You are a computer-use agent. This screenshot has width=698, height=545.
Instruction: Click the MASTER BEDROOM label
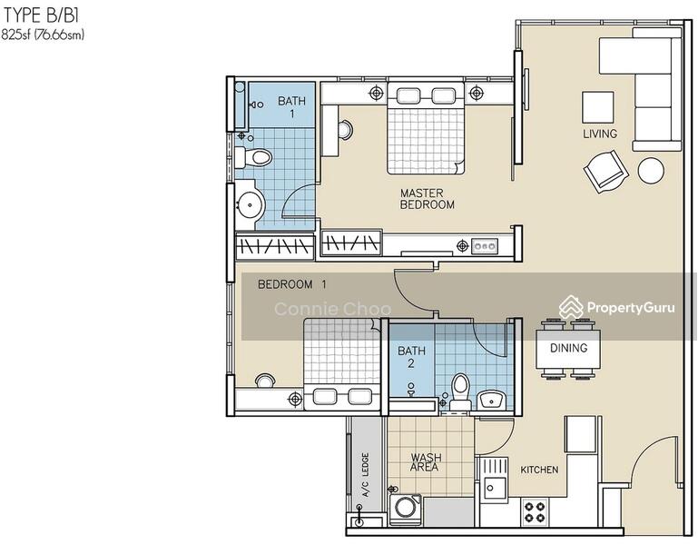coord(427,199)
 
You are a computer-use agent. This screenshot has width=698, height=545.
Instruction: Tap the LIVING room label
coord(600,134)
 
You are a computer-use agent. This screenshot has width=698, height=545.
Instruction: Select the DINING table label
coord(568,348)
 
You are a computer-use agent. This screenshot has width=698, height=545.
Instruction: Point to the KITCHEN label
coord(539,470)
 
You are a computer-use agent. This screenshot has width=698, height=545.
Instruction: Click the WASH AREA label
coord(426,462)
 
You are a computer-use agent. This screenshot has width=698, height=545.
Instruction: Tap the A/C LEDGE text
coord(366,475)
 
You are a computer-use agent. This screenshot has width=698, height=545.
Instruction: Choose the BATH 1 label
coord(291,107)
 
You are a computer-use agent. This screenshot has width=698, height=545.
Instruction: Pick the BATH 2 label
coord(411,357)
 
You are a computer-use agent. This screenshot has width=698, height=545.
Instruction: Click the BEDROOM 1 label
coord(292,284)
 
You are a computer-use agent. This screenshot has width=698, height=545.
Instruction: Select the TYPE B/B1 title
coord(41,15)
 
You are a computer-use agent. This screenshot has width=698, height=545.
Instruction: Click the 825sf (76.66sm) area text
coord(43,35)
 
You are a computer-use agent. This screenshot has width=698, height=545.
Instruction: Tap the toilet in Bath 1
coord(253,157)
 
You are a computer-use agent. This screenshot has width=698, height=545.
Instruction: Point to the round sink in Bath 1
coord(250,205)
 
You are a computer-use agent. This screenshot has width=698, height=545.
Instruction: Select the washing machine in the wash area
coord(406,510)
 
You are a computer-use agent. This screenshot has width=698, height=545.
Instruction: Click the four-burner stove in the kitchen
coord(535,511)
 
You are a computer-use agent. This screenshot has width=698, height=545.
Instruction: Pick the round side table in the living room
coord(651,170)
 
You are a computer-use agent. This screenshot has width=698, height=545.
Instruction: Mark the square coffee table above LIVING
coord(598,107)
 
